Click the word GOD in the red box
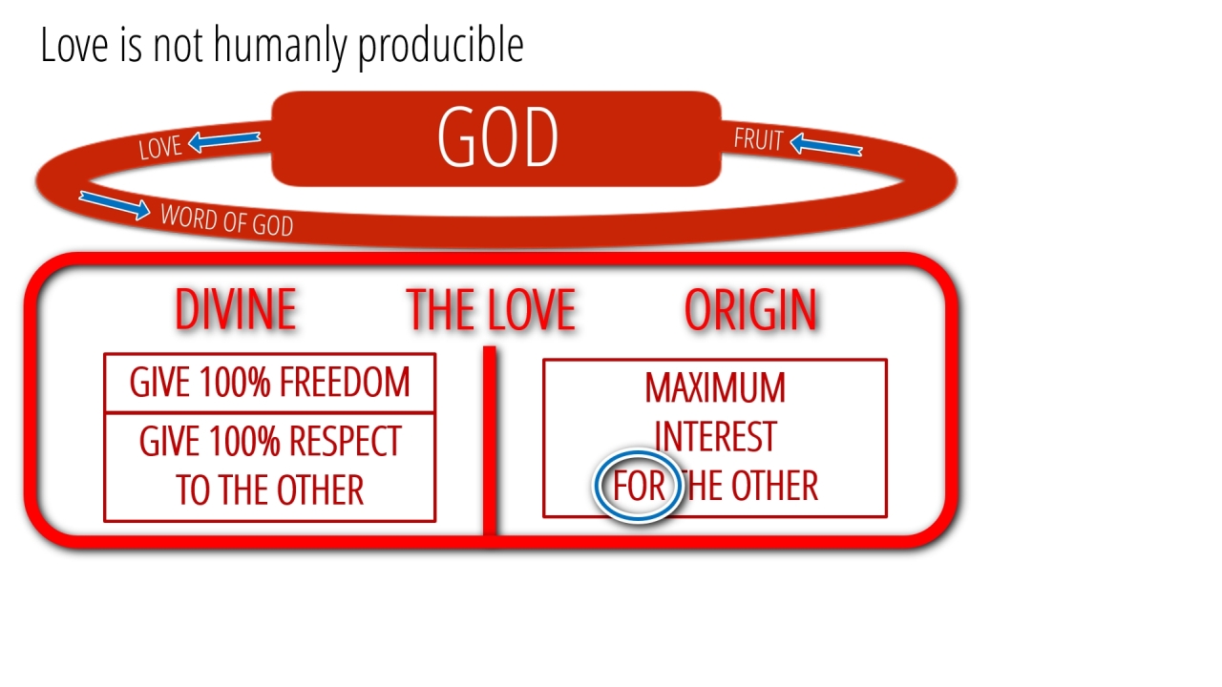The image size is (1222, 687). (x=497, y=136)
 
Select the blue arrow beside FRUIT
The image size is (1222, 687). (x=826, y=145)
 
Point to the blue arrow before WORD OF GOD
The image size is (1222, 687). (x=115, y=205)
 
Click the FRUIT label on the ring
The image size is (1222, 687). (x=758, y=139)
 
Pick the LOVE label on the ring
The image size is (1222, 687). (x=159, y=147)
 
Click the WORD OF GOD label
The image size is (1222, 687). (x=227, y=219)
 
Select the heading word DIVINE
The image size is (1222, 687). (x=236, y=309)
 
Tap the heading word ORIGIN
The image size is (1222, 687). (x=750, y=309)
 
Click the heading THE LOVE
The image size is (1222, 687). (x=491, y=309)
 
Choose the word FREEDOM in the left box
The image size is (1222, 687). (x=345, y=382)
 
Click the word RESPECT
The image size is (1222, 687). (x=346, y=441)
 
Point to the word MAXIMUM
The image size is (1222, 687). (x=715, y=387)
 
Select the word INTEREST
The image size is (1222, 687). (x=715, y=436)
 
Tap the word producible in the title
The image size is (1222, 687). (x=441, y=47)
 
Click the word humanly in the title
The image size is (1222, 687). (x=281, y=47)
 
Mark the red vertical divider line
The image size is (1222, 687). (x=490, y=440)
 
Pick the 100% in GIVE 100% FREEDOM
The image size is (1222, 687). (x=235, y=382)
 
